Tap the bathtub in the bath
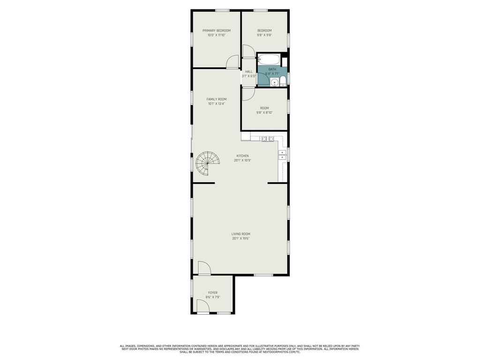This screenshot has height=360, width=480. (269, 60)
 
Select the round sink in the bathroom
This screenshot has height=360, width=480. (275, 82)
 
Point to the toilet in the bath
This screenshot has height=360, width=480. (283, 82)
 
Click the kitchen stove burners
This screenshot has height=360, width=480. (268, 139)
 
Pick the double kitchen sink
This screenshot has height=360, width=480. (282, 155)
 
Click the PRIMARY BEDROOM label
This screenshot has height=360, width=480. (217, 30)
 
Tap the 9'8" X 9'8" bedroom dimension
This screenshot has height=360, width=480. (264, 35)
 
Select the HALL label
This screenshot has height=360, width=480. (249, 72)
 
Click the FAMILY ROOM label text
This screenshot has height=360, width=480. (217, 99)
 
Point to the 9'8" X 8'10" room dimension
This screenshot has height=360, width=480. (264, 112)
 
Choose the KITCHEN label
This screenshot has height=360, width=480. (242, 156)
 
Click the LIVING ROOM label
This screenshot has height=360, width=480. (240, 234)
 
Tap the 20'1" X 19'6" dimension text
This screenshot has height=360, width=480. (240, 239)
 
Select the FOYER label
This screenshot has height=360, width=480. (213, 292)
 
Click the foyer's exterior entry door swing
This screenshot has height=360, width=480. (202, 307)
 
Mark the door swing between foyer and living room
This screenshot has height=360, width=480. (204, 268)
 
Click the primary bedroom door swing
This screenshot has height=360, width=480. (232, 62)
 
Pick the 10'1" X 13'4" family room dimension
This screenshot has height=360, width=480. (217, 104)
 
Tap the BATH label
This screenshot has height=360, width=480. (272, 69)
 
